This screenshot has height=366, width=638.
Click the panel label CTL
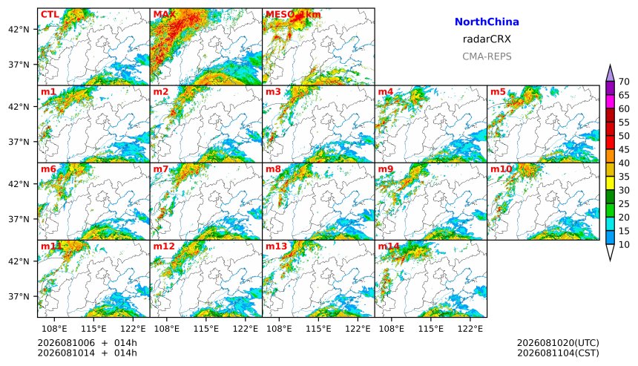[50, 14]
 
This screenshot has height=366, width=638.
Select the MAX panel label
[165, 14]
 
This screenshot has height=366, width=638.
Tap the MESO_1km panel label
[293, 14]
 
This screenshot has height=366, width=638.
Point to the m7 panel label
[161, 169]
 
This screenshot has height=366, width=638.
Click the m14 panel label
[388, 246]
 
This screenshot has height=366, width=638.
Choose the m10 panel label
[501, 169]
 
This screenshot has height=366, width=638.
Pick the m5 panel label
[498, 91]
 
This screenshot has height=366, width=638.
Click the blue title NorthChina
[487, 22]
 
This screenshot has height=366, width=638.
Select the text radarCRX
[487, 39]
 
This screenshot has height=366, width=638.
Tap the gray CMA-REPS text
[487, 56]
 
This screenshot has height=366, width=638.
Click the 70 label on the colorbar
[624, 82]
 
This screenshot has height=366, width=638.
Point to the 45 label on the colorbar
[624, 149]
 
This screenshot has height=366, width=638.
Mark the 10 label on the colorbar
[624, 245]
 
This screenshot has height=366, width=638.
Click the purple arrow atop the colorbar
[610, 73]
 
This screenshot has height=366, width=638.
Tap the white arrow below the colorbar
[610, 252]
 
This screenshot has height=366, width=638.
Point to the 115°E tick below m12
[206, 328]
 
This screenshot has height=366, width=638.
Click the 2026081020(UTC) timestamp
[558, 343]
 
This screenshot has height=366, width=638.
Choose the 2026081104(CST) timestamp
[558, 353]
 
